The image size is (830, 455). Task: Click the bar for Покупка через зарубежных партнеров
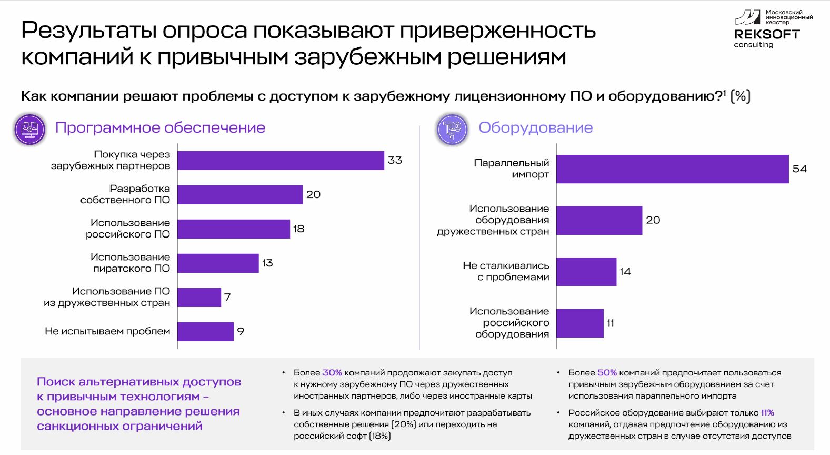(281, 160)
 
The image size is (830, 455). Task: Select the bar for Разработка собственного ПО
(240, 194)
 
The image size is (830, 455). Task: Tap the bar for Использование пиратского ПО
(218, 263)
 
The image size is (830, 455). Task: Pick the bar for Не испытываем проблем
(205, 331)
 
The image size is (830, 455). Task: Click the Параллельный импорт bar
(672, 169)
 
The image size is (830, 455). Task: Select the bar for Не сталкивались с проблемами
(586, 272)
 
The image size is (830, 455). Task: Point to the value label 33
(395, 160)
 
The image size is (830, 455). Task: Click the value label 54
(799, 169)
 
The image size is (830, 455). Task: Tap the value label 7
(227, 297)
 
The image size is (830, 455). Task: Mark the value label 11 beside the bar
(611, 323)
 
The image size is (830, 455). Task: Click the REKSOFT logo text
(766, 34)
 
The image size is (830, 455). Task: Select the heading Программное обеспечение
(160, 128)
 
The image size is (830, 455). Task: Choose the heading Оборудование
(535, 128)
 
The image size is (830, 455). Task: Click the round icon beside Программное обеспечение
(30, 129)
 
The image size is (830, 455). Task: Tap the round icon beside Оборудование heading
(452, 129)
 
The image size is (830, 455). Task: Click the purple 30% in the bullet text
(332, 373)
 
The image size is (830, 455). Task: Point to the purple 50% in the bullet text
(607, 373)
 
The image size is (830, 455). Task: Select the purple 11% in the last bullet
(767, 413)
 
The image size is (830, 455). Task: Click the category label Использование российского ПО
(128, 229)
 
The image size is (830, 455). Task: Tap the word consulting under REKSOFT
(754, 45)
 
